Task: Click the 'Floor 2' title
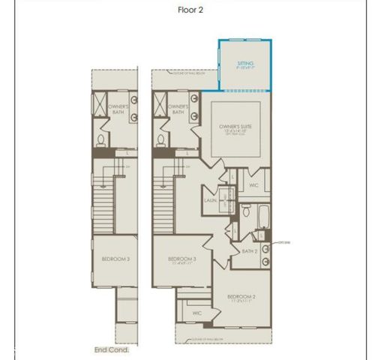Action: click(190, 10)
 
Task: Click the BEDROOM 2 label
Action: click(242, 298)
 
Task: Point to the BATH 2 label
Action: click(250, 251)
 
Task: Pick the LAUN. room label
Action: click(210, 201)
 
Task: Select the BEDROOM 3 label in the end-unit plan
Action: click(116, 259)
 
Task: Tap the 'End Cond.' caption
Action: click(112, 349)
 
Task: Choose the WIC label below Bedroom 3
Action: click(197, 313)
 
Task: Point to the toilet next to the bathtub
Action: click(245, 211)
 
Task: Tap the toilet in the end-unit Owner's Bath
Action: click(101, 139)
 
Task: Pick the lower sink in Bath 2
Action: click(267, 262)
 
